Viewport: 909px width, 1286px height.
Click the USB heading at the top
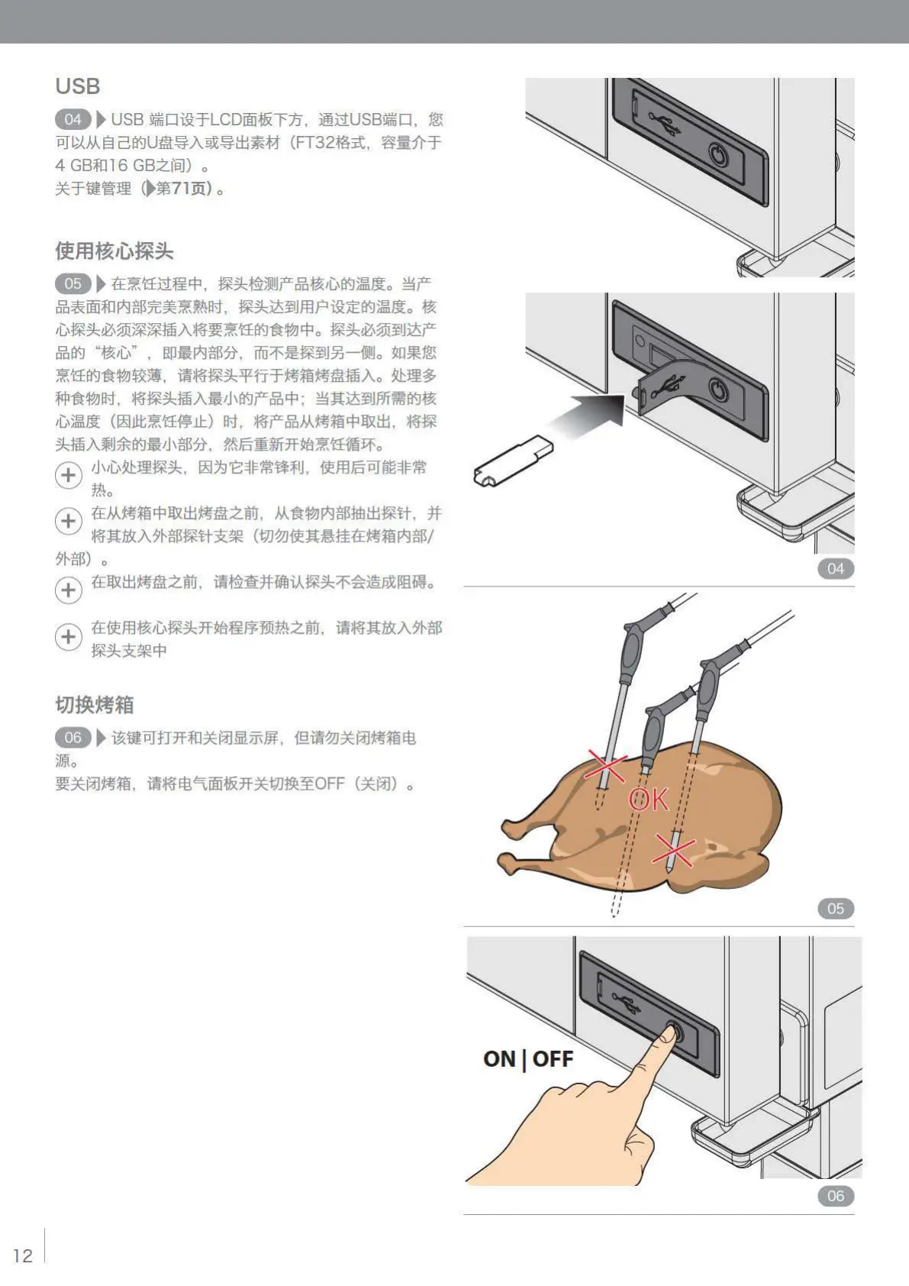point(77,86)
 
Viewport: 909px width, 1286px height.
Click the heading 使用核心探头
point(114,250)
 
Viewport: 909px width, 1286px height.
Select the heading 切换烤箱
point(94,704)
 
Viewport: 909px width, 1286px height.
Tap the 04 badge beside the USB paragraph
point(73,119)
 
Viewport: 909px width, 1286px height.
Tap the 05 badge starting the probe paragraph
point(73,284)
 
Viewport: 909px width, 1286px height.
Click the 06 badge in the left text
point(73,738)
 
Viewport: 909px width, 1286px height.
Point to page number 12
point(23,1255)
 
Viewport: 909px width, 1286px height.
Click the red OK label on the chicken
point(648,800)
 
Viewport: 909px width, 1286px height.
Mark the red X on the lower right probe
point(673,851)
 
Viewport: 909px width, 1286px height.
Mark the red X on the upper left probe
point(605,766)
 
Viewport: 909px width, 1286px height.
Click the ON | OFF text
point(527,1059)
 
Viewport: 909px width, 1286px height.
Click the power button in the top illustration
point(718,157)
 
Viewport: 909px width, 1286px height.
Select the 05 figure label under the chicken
point(835,908)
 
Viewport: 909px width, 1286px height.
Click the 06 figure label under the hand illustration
point(835,1196)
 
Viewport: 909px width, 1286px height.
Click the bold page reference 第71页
point(183,188)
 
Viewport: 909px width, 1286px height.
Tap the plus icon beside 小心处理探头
point(69,475)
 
